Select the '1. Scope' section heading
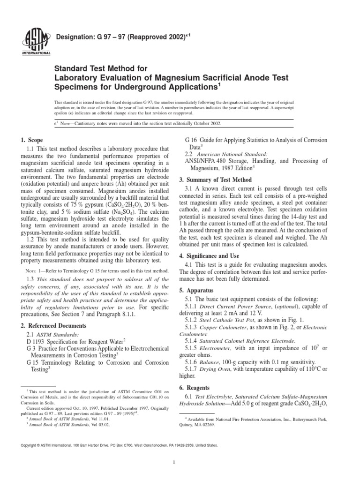coord(32,140)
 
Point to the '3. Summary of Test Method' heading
coord(216,180)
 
